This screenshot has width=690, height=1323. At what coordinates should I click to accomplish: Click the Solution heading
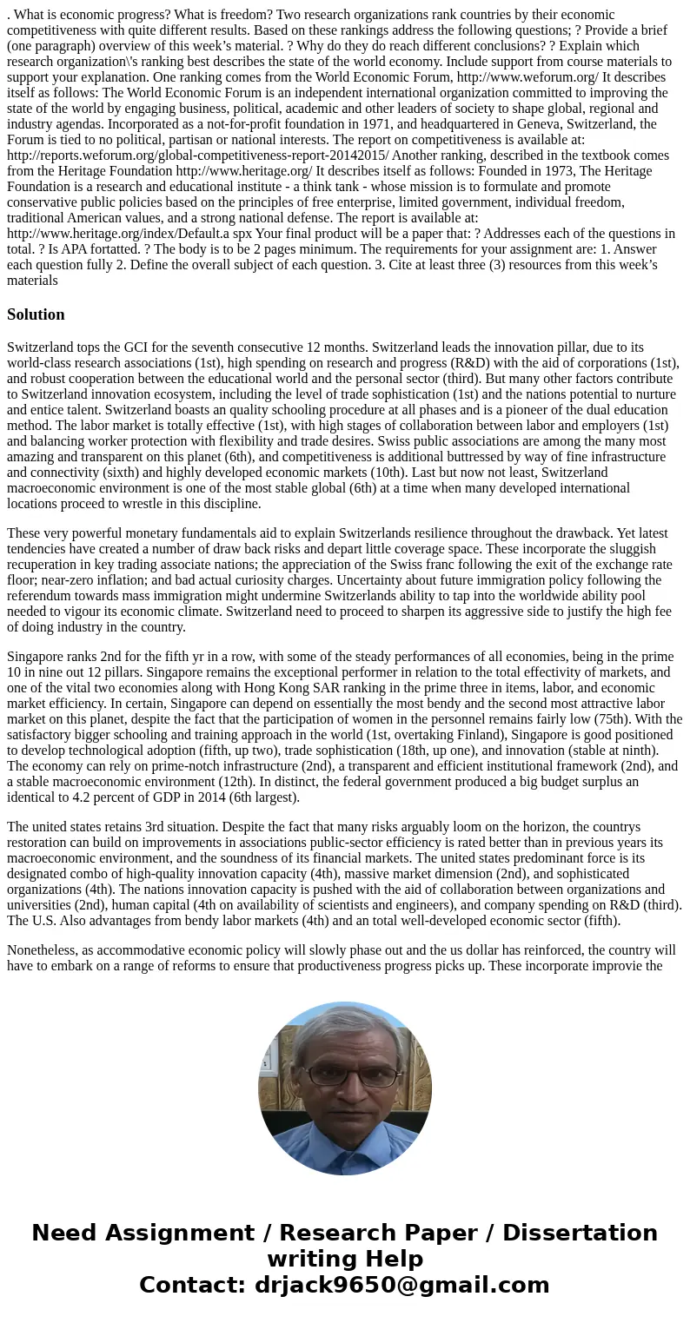click(36, 314)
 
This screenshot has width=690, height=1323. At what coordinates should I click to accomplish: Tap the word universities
click(39, 905)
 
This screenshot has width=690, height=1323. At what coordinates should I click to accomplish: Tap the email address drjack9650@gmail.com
click(402, 1286)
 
